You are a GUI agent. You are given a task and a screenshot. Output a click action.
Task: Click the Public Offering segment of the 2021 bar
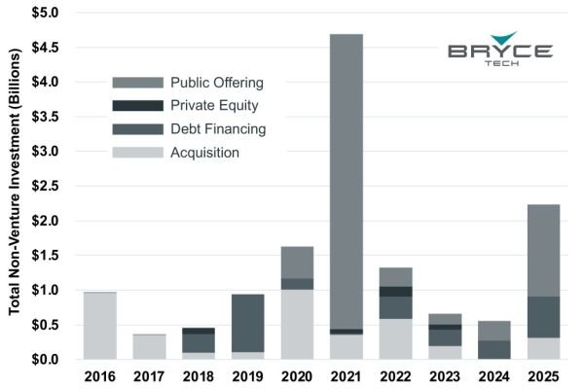tap(347, 180)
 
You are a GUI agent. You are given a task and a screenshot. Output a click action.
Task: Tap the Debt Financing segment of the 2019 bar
tap(247, 323)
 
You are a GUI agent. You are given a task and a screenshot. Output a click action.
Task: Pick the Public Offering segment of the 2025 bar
tap(544, 250)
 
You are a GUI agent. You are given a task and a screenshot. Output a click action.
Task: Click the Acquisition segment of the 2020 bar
tap(297, 324)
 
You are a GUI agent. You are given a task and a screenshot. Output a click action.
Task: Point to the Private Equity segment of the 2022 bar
tap(396, 291)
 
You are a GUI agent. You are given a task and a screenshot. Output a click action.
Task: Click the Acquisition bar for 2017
tap(149, 347)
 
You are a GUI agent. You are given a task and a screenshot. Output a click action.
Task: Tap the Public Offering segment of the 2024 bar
tap(494, 331)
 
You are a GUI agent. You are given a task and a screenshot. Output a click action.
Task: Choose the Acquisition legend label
tap(204, 153)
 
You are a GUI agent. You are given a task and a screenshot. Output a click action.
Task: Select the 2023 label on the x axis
tap(446, 376)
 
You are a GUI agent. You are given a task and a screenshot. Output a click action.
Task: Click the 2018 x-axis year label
tap(199, 376)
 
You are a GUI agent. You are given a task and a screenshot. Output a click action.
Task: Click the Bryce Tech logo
tap(500, 53)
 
